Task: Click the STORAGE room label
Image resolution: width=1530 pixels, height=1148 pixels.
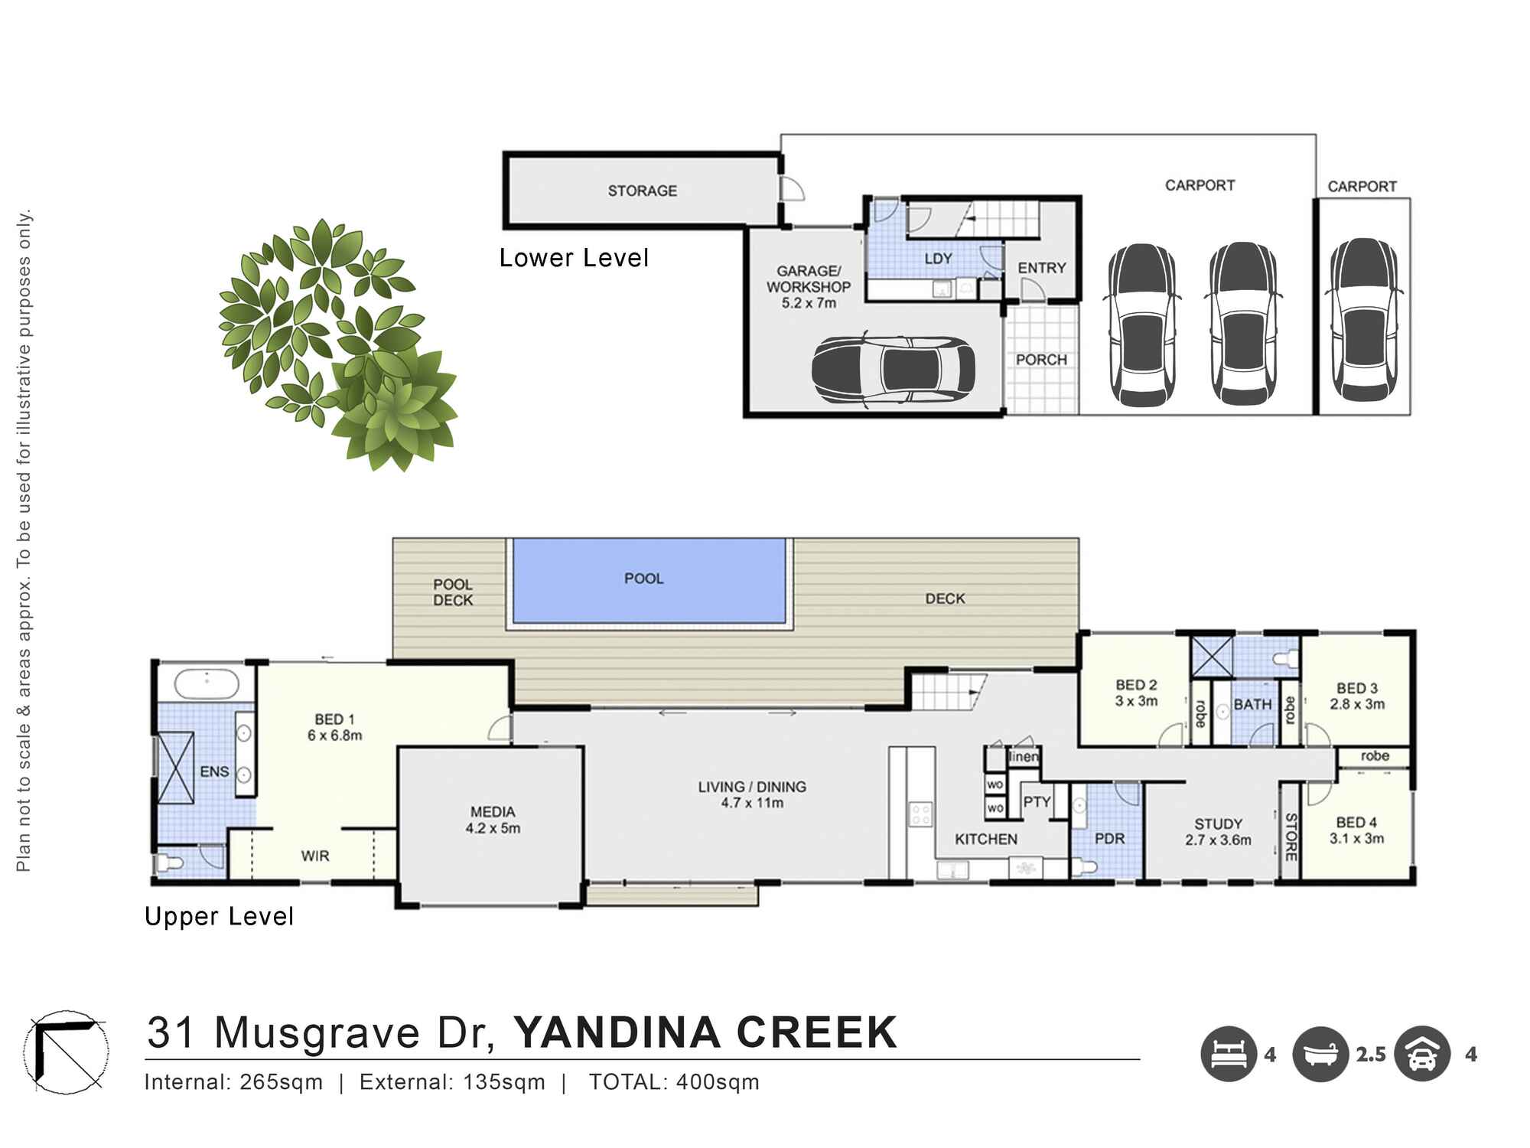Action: (642, 191)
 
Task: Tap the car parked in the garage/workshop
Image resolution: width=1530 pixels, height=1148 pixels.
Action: (893, 370)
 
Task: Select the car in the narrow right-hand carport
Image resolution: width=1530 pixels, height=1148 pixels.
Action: (1363, 320)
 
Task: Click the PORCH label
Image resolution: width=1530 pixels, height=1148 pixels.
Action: (1040, 360)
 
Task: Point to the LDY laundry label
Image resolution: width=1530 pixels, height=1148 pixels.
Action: (938, 259)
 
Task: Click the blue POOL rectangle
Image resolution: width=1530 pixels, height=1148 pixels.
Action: (649, 579)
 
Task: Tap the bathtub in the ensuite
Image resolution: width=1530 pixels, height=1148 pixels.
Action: (207, 683)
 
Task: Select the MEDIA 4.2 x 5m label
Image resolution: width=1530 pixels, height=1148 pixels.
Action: (493, 820)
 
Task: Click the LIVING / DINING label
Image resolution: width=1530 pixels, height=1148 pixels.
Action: (752, 794)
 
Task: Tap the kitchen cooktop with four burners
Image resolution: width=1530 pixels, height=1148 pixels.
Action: (920, 814)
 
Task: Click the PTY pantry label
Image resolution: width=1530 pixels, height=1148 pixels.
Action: (1037, 801)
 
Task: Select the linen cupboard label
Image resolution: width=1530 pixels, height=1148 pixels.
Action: (1024, 757)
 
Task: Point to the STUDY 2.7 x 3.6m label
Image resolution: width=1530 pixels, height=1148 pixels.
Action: (1218, 832)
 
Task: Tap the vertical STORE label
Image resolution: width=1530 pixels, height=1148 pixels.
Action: (1291, 837)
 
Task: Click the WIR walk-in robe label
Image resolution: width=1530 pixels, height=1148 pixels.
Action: (314, 856)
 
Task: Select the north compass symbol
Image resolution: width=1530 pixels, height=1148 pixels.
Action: (65, 1052)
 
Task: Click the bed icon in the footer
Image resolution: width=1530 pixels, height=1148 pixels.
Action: (1228, 1054)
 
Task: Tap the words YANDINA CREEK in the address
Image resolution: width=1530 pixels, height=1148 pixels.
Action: (705, 1032)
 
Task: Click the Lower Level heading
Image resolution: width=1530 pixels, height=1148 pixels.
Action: (574, 258)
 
